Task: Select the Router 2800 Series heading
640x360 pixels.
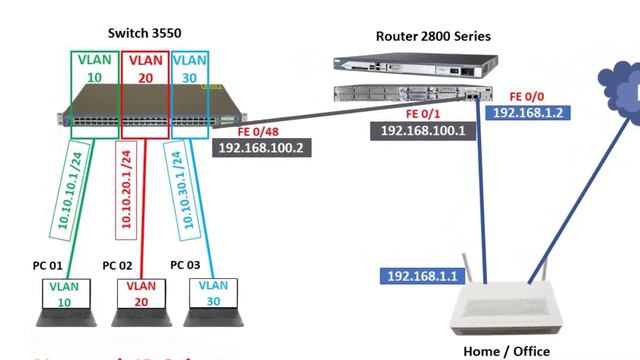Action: (434, 36)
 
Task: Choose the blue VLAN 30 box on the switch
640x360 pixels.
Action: (189, 69)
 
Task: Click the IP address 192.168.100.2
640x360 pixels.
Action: (261, 147)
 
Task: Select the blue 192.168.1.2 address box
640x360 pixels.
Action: (528, 114)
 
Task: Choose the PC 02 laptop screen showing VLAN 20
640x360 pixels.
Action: (140, 294)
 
